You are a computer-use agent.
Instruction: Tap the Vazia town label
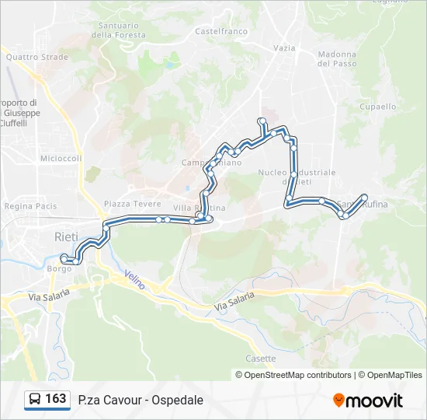284,47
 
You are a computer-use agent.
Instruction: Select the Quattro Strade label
37,57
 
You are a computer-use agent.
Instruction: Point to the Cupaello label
378,107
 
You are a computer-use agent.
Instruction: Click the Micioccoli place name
61,158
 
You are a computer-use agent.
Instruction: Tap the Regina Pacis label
31,206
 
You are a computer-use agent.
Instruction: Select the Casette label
260,359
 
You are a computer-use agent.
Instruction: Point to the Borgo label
59,268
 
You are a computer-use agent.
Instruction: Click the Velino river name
134,280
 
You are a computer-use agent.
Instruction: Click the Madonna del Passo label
337,59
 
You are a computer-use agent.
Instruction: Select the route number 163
56,399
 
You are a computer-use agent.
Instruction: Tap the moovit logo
368,400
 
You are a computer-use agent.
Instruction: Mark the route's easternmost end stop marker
364,197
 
